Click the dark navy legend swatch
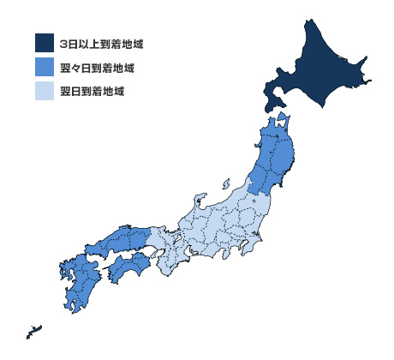point(45,43)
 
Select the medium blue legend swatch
point(45,66)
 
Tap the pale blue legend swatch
point(45,89)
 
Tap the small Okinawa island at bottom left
point(33,329)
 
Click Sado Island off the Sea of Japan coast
point(225,184)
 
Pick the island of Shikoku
point(128,270)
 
